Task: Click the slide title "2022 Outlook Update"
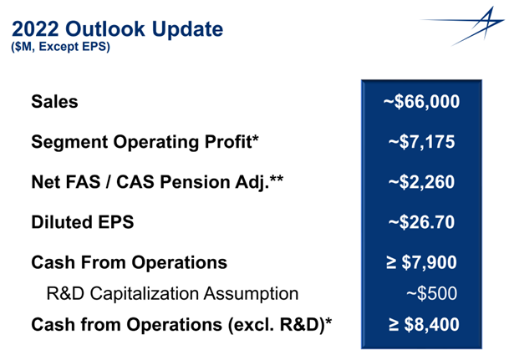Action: click(117, 29)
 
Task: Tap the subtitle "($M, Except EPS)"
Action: click(61, 47)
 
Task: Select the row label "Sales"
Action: click(55, 101)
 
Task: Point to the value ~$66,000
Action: click(421, 102)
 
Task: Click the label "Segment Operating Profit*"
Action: click(145, 142)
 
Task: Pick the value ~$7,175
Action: click(421, 142)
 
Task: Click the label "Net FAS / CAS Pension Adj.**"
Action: click(157, 182)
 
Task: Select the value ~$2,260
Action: click(421, 182)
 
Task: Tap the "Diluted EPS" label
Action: click(83, 222)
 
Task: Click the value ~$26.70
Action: click(421, 222)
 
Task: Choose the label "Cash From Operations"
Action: click(130, 262)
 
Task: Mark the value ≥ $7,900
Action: click(421, 262)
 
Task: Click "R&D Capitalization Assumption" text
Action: click(172, 293)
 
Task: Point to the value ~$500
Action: click(432, 293)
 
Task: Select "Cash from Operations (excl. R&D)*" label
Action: click(181, 325)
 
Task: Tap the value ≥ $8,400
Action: click(424, 325)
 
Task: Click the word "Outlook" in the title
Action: click(105, 29)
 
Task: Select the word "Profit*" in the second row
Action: click(232, 142)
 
